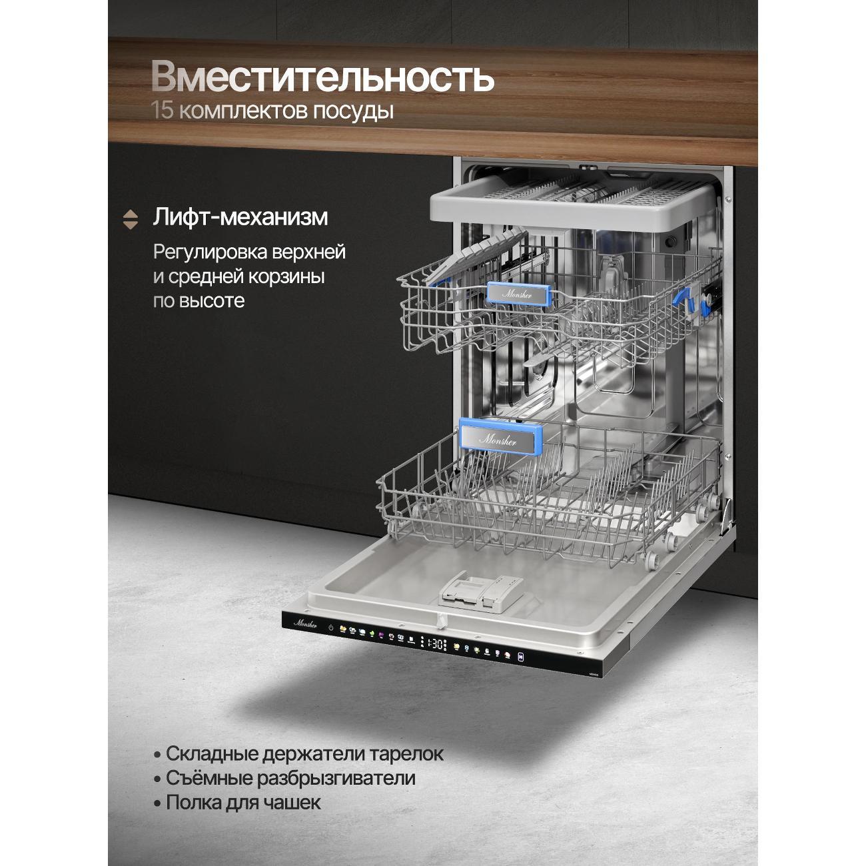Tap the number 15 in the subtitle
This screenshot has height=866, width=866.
[162, 111]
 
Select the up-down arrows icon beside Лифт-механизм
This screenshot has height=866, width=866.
[131, 219]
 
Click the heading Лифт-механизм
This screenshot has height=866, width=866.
[240, 217]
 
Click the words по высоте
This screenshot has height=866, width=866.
[199, 300]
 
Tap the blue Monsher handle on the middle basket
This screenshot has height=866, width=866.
[519, 294]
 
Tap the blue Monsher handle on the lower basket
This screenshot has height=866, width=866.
[501, 437]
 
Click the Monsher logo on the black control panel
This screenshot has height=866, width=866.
[305, 624]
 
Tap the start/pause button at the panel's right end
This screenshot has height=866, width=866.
[521, 657]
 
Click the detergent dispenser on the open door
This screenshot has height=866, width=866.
[480, 592]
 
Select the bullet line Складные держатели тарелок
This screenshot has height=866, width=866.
[298, 753]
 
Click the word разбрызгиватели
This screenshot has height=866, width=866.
[336, 778]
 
